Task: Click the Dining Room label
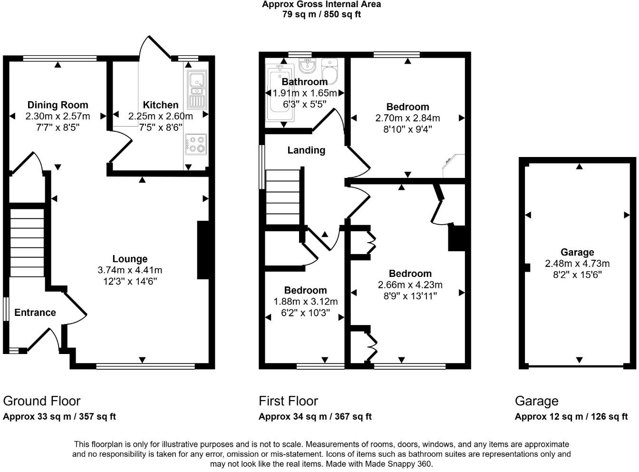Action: (x=58, y=105)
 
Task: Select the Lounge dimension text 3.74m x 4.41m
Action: (x=130, y=270)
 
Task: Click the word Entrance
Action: (x=35, y=313)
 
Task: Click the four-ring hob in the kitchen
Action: (x=196, y=144)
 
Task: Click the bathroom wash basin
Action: (x=308, y=65)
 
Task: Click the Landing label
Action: (x=306, y=150)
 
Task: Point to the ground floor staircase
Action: (x=27, y=241)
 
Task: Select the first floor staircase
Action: (x=283, y=197)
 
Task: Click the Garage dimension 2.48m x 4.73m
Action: (x=577, y=264)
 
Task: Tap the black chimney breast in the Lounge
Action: (x=203, y=250)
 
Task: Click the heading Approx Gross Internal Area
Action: (x=321, y=4)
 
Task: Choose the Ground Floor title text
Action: (x=42, y=401)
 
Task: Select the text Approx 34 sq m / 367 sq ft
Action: (x=315, y=417)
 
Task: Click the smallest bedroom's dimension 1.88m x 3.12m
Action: (x=305, y=302)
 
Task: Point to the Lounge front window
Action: (x=145, y=366)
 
